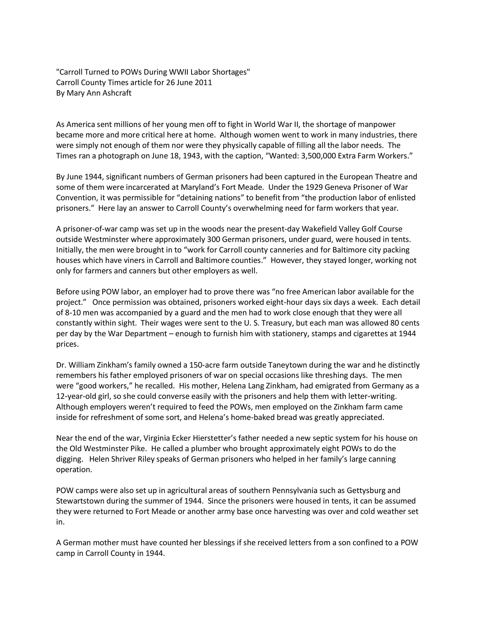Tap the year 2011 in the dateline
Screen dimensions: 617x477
[203, 83]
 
